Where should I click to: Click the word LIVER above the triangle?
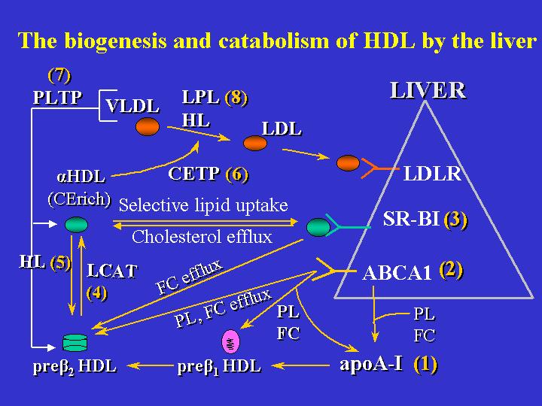point(428,92)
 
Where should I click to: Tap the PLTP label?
point(57,98)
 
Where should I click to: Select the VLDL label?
point(132,107)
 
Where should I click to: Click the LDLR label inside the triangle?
point(432,175)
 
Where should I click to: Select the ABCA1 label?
point(397,272)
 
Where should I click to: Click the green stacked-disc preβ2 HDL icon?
point(76,342)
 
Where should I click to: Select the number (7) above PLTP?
point(59,75)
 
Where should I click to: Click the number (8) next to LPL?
point(236,98)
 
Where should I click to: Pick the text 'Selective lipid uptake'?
point(203,205)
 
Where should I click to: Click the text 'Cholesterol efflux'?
point(202,238)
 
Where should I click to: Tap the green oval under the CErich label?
point(76,224)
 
